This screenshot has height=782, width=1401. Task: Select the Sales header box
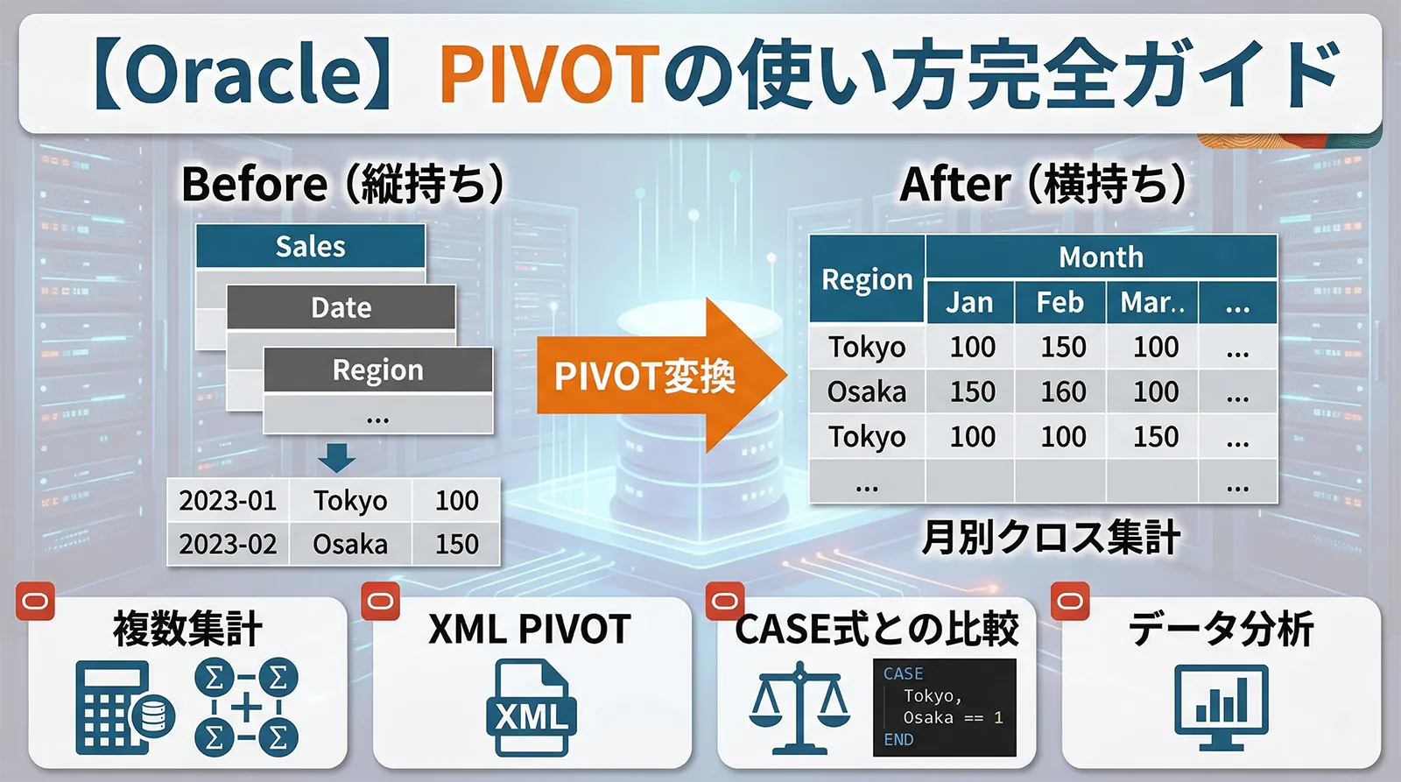[310, 246]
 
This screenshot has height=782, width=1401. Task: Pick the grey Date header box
[341, 307]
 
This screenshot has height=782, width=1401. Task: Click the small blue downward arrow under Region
[336, 457]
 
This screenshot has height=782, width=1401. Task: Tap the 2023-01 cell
[228, 500]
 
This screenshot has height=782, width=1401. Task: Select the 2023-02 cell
[228, 544]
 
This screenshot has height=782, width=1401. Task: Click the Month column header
[1101, 257]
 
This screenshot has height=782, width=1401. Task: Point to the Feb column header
[1060, 302]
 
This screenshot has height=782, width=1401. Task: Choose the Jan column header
[969, 302]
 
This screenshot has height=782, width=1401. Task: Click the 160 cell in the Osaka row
[1063, 391]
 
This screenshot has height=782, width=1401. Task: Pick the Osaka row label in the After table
[867, 391]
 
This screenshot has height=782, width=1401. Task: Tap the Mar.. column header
[1152, 302]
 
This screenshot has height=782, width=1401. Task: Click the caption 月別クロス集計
[1051, 537]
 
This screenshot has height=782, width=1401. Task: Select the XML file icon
[531, 708]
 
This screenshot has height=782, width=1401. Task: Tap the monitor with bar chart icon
[1221, 706]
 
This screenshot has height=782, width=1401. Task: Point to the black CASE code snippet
[945, 707]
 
